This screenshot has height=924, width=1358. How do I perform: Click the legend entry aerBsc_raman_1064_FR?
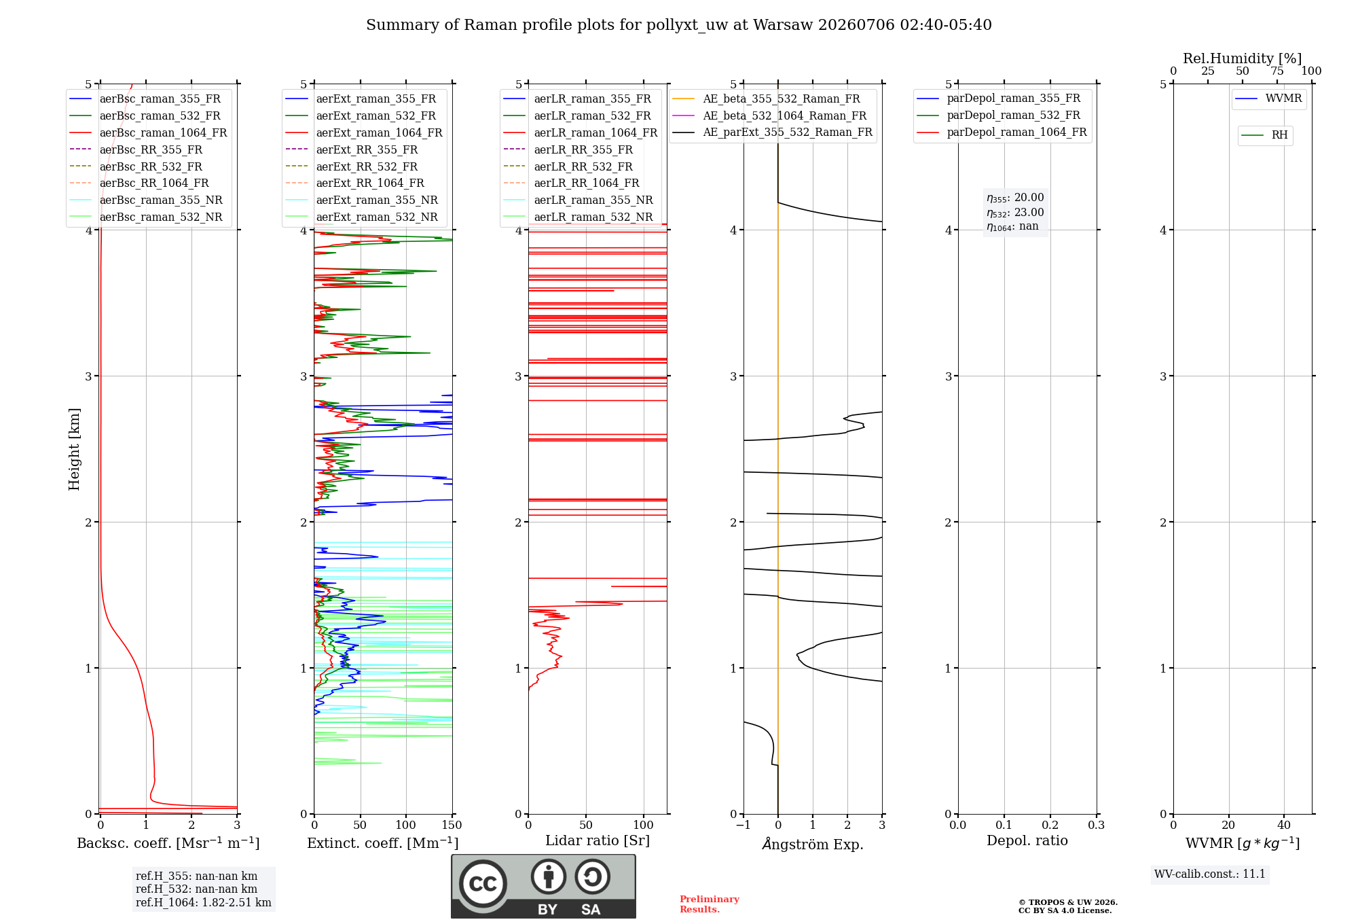click(x=148, y=132)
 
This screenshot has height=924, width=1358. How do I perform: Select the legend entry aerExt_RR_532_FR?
click(x=352, y=166)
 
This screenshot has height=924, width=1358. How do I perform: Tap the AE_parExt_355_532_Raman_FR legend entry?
click(x=773, y=132)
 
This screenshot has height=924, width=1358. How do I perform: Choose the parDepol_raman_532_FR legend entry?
click(x=999, y=115)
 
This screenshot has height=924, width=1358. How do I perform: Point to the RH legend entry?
click(x=1265, y=135)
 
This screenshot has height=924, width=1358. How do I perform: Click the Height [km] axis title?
click(x=74, y=449)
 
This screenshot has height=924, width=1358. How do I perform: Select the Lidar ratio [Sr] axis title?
click(x=598, y=840)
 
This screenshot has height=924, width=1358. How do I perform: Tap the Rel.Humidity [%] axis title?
click(x=1243, y=58)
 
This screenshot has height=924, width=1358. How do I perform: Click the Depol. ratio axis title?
click(x=1027, y=840)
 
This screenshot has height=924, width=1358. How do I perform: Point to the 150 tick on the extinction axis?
click(x=452, y=825)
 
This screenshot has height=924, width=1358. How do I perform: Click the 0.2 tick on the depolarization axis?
click(x=1050, y=825)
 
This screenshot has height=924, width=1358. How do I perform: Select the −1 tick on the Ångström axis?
click(x=743, y=825)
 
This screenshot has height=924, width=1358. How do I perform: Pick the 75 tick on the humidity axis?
click(x=1277, y=71)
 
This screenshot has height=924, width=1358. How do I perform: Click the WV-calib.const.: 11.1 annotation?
click(x=1210, y=874)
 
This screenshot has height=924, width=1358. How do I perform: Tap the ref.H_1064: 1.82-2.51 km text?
click(x=204, y=902)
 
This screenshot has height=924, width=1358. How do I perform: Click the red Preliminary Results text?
click(x=710, y=904)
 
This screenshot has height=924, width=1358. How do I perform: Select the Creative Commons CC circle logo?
click(x=483, y=884)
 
